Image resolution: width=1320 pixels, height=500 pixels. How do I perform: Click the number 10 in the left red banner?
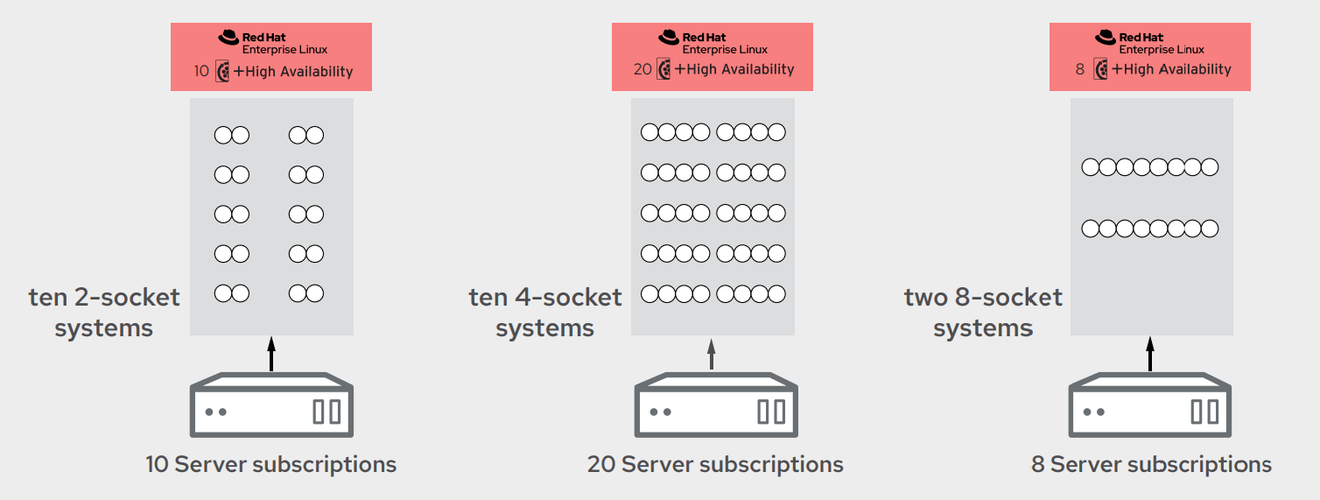coord(201,71)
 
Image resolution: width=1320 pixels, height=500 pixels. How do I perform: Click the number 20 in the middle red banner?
coord(642,69)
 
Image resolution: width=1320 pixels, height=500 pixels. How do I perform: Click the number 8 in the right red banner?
coord(1080,69)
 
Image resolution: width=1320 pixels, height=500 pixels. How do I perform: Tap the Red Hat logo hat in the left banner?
coord(228,37)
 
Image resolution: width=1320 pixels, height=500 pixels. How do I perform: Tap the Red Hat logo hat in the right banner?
coord(1106,37)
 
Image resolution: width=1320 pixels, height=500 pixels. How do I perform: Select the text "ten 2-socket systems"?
coord(104,313)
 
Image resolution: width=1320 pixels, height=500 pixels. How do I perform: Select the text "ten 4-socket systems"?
coord(545,313)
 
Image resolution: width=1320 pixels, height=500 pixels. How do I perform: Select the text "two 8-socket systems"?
coord(983,313)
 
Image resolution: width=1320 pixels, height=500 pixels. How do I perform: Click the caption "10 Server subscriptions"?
coord(270,464)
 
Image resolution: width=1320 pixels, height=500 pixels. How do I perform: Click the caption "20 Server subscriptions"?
coord(715,464)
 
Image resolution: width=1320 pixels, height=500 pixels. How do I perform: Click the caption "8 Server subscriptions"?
coord(1151,464)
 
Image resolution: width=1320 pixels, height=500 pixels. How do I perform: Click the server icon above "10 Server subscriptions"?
coord(271,405)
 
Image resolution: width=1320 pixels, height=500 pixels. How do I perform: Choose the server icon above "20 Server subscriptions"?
coord(715,405)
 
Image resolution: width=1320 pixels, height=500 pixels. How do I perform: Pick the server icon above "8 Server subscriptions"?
coord(1150,405)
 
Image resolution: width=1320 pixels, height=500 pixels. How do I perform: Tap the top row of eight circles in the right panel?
coord(1149,166)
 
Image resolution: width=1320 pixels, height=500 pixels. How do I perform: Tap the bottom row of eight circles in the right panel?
coord(1149,229)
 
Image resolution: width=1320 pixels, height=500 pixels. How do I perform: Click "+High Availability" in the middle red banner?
coord(734,69)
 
